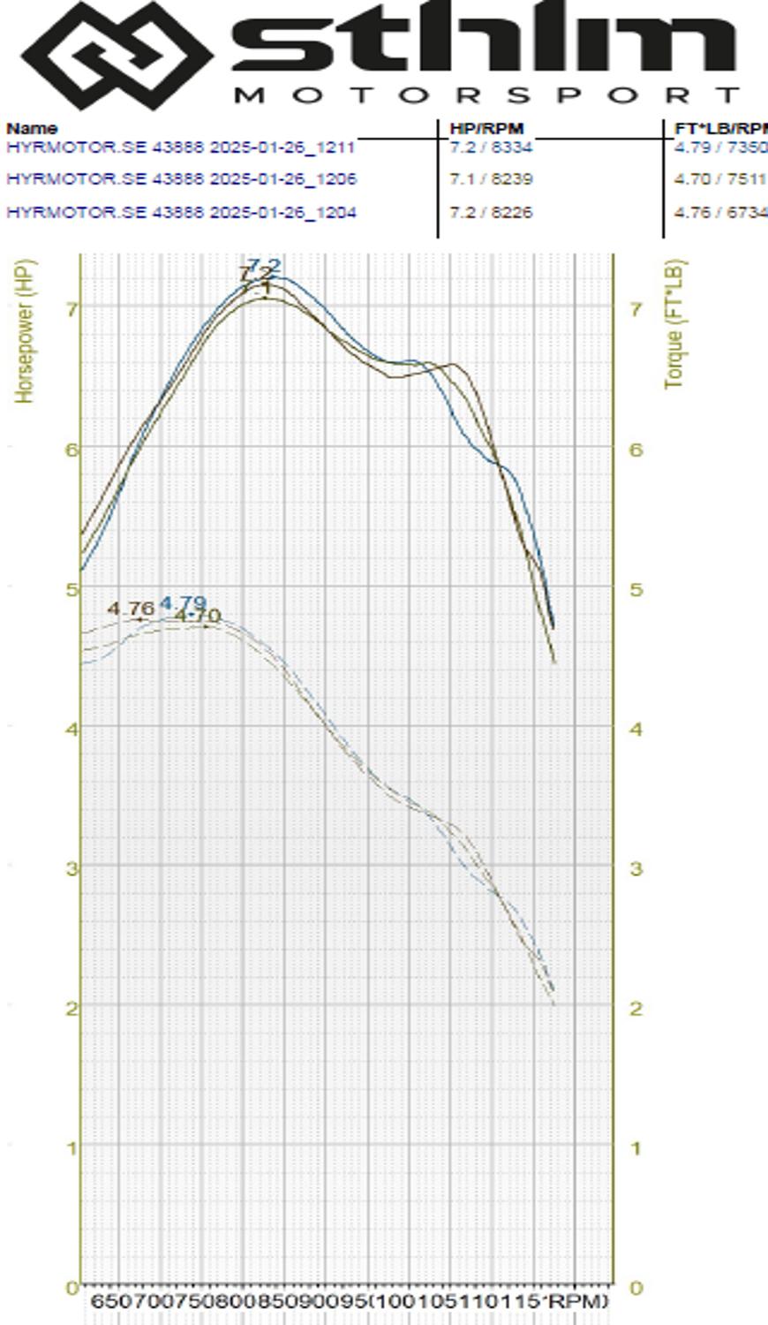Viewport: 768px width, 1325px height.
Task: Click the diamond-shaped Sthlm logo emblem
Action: tap(117, 55)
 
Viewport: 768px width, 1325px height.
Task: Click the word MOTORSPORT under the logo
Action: tap(486, 95)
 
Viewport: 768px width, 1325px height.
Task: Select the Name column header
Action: tap(32, 129)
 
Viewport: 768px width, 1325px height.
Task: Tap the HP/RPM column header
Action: tap(486, 129)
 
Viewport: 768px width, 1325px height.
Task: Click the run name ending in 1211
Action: tap(181, 147)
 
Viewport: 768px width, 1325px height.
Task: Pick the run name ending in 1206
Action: tap(181, 179)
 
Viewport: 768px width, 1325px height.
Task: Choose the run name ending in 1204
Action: tap(181, 213)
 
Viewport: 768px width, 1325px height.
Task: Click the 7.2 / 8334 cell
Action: tap(491, 147)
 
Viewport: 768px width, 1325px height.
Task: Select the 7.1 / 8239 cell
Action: tap(491, 179)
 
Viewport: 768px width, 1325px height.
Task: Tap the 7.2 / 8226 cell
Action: tap(491, 213)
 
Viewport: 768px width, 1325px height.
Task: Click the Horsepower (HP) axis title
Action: tap(25, 331)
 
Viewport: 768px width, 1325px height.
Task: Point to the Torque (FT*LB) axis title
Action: tap(674, 324)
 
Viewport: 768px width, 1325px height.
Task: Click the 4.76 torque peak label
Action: tap(131, 609)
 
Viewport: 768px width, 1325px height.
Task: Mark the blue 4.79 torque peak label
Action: tap(184, 604)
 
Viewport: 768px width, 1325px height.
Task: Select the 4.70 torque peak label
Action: tap(199, 616)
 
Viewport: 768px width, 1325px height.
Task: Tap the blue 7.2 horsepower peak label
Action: tap(264, 266)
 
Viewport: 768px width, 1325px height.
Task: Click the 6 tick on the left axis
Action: tap(72, 449)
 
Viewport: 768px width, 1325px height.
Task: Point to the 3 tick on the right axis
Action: tap(635, 868)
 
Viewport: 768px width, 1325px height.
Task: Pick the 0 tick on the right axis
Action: tap(635, 1288)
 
